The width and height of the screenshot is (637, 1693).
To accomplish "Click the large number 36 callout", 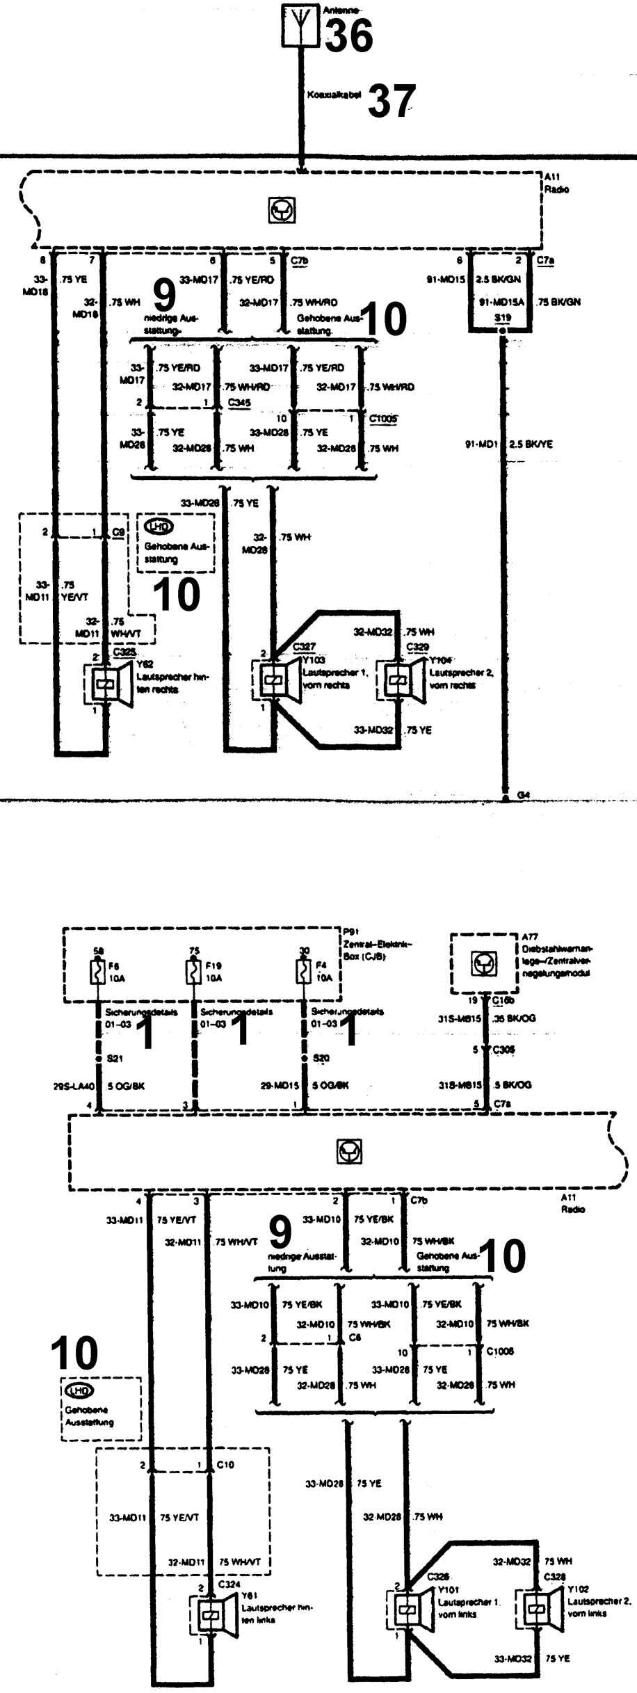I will pyautogui.click(x=348, y=36).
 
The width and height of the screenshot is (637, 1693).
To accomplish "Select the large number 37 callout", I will pyautogui.click(x=392, y=100).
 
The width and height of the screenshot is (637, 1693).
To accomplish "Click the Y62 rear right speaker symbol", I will pyautogui.click(x=108, y=685).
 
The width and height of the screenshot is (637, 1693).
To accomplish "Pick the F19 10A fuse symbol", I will pyautogui.click(x=193, y=971).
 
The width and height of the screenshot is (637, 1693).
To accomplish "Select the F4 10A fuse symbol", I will pyautogui.click(x=303, y=971).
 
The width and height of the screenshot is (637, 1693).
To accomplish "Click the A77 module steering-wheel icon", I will pyautogui.click(x=483, y=963).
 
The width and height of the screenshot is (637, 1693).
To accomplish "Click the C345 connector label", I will pyautogui.click(x=239, y=403).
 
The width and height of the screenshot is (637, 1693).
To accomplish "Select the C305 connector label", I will pyautogui.click(x=504, y=1050).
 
